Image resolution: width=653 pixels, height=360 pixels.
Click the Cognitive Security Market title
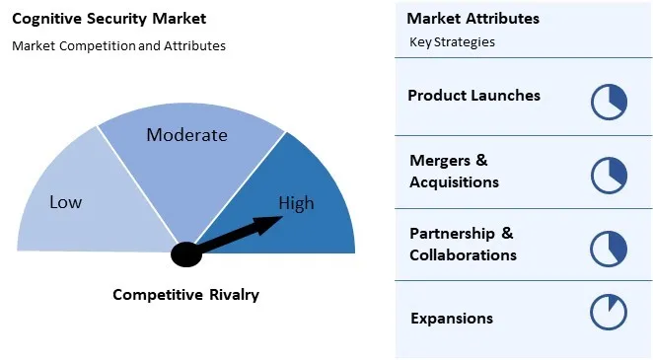(x=109, y=19)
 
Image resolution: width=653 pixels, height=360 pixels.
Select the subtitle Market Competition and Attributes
(x=118, y=45)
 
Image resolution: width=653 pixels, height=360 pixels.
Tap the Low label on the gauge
(x=66, y=202)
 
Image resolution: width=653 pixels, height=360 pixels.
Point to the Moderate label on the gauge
(x=186, y=135)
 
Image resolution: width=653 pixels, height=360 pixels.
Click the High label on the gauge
(x=296, y=204)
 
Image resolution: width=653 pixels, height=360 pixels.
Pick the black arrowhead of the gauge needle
(x=274, y=224)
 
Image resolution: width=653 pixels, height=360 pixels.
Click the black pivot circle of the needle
(x=185, y=253)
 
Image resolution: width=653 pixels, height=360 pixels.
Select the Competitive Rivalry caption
(x=185, y=294)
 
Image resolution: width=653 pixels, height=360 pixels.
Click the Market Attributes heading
(x=472, y=19)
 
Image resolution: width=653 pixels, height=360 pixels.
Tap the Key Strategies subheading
(x=452, y=42)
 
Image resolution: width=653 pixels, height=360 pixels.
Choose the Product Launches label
(x=473, y=96)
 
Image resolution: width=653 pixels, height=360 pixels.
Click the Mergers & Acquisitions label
(x=454, y=171)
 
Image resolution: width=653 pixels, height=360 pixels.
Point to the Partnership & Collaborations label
(x=463, y=244)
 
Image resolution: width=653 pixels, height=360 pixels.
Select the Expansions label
(x=451, y=318)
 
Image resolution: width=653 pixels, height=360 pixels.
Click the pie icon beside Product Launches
(x=609, y=102)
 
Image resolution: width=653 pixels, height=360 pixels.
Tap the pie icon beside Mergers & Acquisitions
(x=609, y=175)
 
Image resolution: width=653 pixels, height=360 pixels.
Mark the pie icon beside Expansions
(x=609, y=312)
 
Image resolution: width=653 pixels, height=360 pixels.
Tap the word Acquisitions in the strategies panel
(x=454, y=182)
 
